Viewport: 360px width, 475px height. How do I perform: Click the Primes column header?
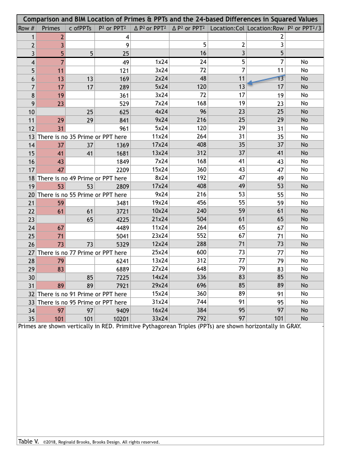51,28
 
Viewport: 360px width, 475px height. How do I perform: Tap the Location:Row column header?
266,28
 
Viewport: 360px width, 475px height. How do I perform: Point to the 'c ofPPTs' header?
80,28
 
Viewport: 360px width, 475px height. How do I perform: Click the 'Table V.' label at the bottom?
29,441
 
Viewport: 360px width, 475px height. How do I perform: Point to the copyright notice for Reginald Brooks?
101,442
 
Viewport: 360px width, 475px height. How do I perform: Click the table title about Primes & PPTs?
170,19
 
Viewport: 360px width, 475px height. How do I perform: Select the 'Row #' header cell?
27,28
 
